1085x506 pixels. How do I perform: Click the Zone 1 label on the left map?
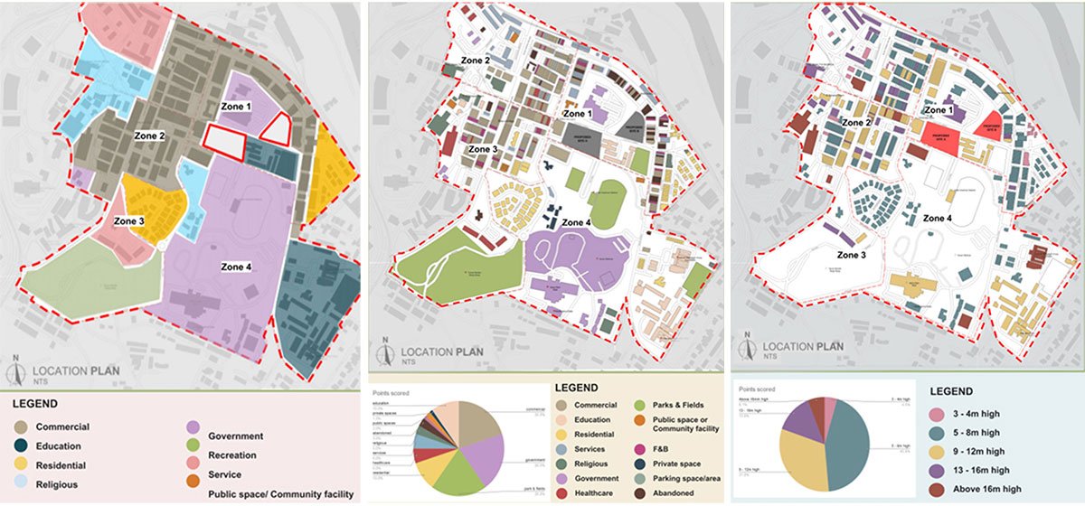[x=237, y=107]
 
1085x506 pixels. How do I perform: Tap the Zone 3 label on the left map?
[x=129, y=220]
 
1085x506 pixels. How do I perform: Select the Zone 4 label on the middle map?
[x=576, y=222]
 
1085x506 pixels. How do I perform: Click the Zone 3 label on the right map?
[x=852, y=256]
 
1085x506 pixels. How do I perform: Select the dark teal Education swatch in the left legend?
[x=20, y=446]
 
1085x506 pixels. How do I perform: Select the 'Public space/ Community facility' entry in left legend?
[x=279, y=494]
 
